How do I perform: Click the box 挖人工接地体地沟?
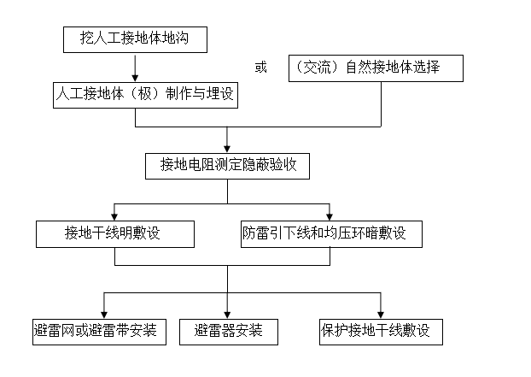click(134, 39)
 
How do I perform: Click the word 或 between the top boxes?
click(260, 67)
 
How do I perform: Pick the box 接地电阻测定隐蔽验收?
click(228, 164)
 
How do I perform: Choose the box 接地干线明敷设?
click(114, 233)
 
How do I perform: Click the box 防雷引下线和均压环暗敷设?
click(330, 233)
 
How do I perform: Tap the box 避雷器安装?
click(228, 331)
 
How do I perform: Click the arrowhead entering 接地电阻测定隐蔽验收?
click(227, 147)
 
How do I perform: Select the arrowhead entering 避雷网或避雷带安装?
click(103, 313)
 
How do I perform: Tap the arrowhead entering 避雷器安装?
click(227, 313)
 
